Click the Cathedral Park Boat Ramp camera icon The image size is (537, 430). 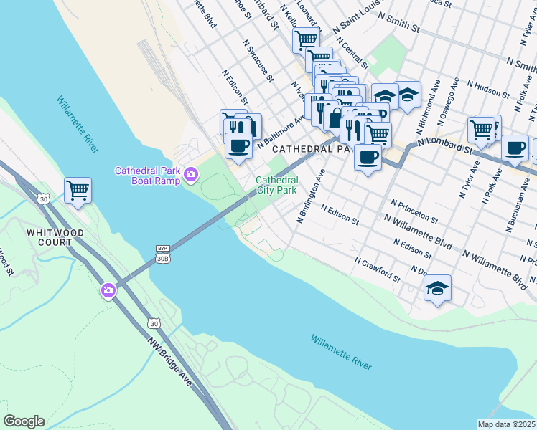(191, 173)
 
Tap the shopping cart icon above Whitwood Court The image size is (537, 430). (78, 191)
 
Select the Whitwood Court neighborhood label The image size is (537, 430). (55, 237)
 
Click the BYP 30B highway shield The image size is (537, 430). (163, 254)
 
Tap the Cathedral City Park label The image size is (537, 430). (276, 186)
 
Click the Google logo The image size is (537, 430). (24, 421)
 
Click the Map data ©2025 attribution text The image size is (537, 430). (506, 424)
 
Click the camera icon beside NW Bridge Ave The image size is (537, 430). (108, 290)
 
